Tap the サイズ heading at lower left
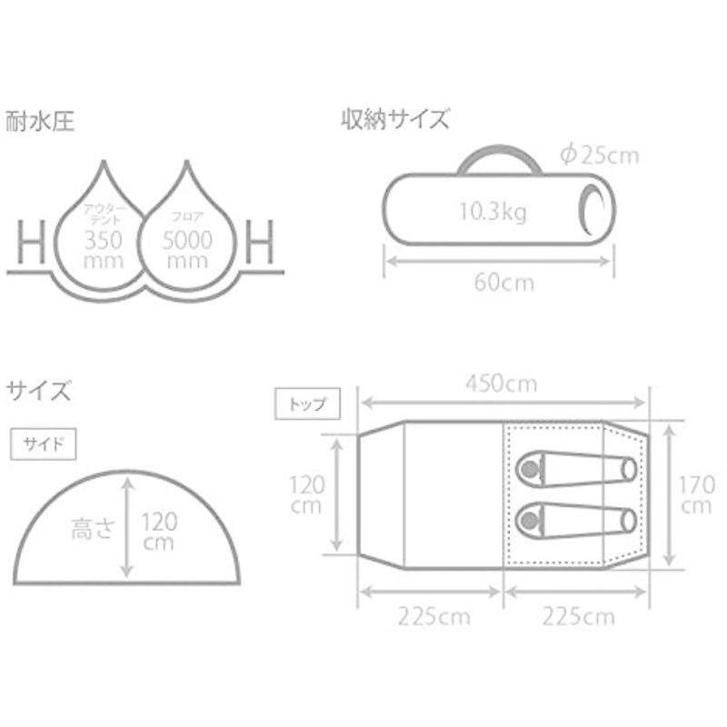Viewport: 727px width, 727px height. pos(39,392)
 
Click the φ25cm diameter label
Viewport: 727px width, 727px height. pos(600,154)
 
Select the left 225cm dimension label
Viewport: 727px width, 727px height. pos(433,618)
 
